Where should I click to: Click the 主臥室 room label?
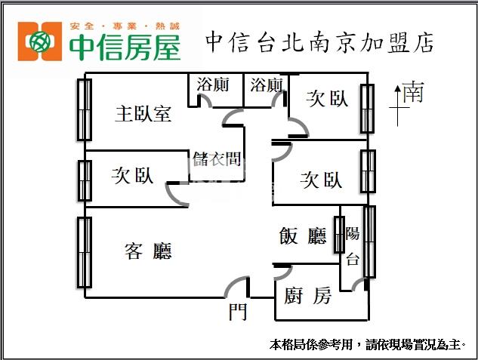point(143,114)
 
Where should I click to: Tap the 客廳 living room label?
point(148,251)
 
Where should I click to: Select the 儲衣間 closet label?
point(217,159)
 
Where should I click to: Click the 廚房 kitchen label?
point(308,296)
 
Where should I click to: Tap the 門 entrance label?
point(238,312)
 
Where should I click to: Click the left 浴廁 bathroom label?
point(212,85)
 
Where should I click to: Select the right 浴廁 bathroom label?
point(267,85)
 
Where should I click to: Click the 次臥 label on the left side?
point(132,176)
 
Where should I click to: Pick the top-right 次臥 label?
point(328,98)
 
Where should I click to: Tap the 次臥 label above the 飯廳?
point(321,180)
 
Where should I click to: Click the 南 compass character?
point(412,93)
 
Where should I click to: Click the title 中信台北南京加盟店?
point(319,42)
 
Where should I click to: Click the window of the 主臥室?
point(85,109)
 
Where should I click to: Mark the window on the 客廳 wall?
point(85,252)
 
